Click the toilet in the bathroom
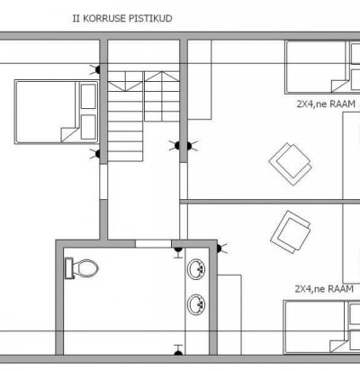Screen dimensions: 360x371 coord(82,267)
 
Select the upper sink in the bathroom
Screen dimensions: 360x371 coord(197,269)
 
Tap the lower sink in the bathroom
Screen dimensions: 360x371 coord(197,304)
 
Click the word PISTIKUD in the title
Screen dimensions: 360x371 coord(150,18)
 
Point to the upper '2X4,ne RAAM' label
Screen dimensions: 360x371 coord(326,104)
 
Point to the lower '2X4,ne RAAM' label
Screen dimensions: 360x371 coord(324,289)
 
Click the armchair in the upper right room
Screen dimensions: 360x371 coord(290,164)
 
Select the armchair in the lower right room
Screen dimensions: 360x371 coord(291,232)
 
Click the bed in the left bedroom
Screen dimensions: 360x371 coord(57,112)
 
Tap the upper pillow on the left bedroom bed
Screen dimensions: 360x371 coord(88,96)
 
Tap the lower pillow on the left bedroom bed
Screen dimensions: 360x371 coord(88,127)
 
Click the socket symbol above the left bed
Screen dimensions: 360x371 coord(95,70)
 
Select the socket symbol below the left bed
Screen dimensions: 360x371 coord(95,154)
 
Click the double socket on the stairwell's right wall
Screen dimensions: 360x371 coord(184,146)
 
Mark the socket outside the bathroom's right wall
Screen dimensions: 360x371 coord(221,249)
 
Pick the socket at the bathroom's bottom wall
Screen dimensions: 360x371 coord(178,350)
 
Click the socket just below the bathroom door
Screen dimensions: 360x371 coord(178,252)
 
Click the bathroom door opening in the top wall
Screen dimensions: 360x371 coord(153,244)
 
